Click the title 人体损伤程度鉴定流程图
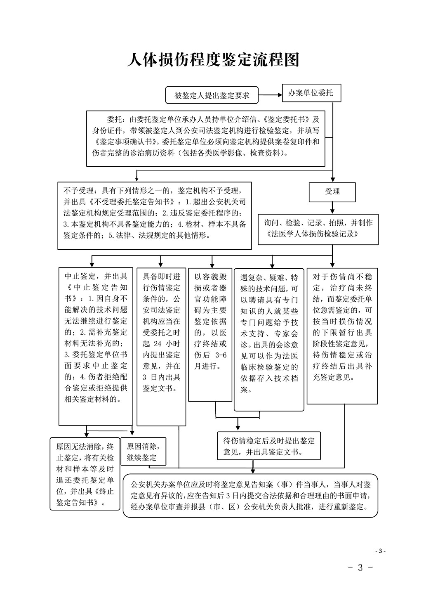pyautogui.click(x=213, y=60)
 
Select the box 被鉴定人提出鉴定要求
pyautogui.click(x=212, y=95)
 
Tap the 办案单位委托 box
pyautogui.click(x=311, y=93)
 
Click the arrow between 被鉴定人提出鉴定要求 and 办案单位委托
pyautogui.click(x=270, y=95)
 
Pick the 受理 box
pyautogui.click(x=332, y=192)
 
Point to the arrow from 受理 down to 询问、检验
pyautogui.click(x=332, y=208)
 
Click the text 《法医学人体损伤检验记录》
pyautogui.click(x=313, y=234)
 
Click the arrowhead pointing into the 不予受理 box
pyautogui.click(x=137, y=179)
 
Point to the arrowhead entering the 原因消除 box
pyautogui.click(x=132, y=433)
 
